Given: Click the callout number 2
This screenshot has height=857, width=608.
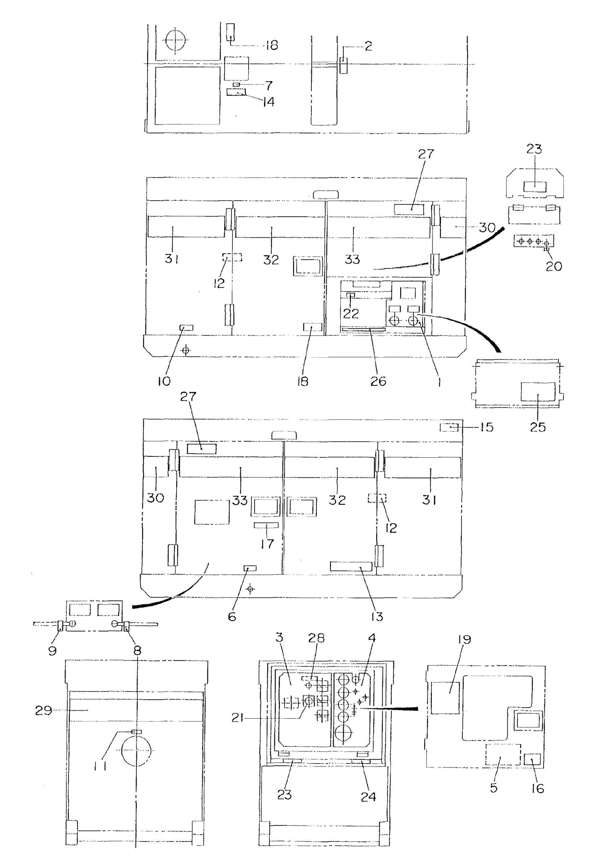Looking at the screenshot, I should [368, 46].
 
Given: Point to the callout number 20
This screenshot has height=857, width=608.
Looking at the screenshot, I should [553, 266].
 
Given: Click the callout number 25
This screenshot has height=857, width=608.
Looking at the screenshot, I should [538, 427].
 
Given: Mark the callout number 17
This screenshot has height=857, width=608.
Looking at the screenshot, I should [267, 544].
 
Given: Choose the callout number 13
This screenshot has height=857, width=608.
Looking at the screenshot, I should [377, 617].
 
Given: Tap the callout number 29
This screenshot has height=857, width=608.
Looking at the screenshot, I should [43, 711].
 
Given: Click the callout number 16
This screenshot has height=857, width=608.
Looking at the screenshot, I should [538, 788].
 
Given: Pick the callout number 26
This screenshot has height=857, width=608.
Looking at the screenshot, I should [378, 381].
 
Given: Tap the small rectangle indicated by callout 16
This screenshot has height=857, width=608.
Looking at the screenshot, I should [534, 759].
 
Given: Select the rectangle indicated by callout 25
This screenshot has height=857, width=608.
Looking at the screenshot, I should [538, 392].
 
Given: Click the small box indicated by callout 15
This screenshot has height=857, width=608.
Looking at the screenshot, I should [449, 428].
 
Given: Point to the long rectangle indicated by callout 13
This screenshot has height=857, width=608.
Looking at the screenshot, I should [351, 566].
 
